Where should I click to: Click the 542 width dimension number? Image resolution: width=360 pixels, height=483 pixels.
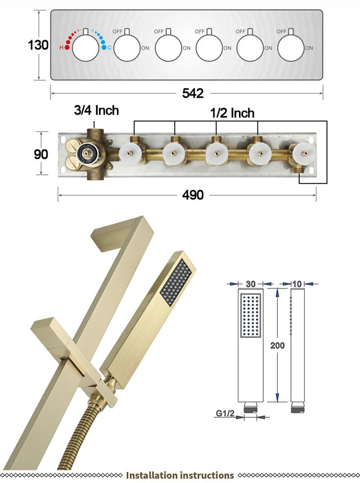pos(193,93)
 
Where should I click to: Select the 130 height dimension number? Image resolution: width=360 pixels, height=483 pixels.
pos(38,45)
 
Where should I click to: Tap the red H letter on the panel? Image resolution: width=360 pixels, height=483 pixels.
pos(61,47)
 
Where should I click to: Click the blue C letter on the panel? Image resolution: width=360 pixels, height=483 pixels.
pos(109,47)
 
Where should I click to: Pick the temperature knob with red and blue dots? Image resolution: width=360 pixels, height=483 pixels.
pos(85,47)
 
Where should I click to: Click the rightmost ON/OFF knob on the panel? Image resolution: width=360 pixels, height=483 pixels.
pos(291,47)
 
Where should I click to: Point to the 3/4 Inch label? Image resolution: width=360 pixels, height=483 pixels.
pos(96,110)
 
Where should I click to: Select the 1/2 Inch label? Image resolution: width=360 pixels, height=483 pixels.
pos(232,113)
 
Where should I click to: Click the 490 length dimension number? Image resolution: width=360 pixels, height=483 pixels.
pos(193,194)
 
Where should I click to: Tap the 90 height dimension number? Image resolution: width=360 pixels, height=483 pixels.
pos(41,154)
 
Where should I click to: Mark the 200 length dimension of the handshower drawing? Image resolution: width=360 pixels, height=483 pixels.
pos(277,345)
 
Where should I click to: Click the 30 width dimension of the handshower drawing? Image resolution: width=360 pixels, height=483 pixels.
pos(251,284)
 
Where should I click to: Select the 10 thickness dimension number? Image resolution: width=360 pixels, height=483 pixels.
pos(297,284)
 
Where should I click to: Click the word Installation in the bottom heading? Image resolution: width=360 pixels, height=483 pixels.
pos(152,475)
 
